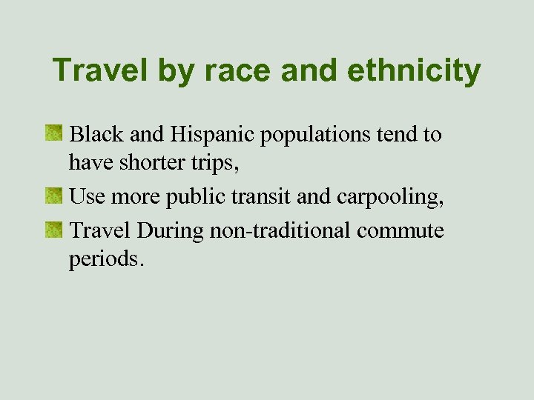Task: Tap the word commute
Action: point(400,231)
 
